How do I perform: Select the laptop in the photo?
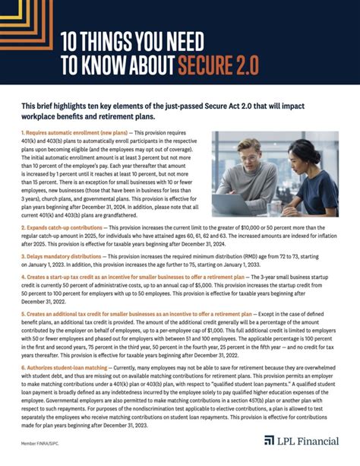235,200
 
